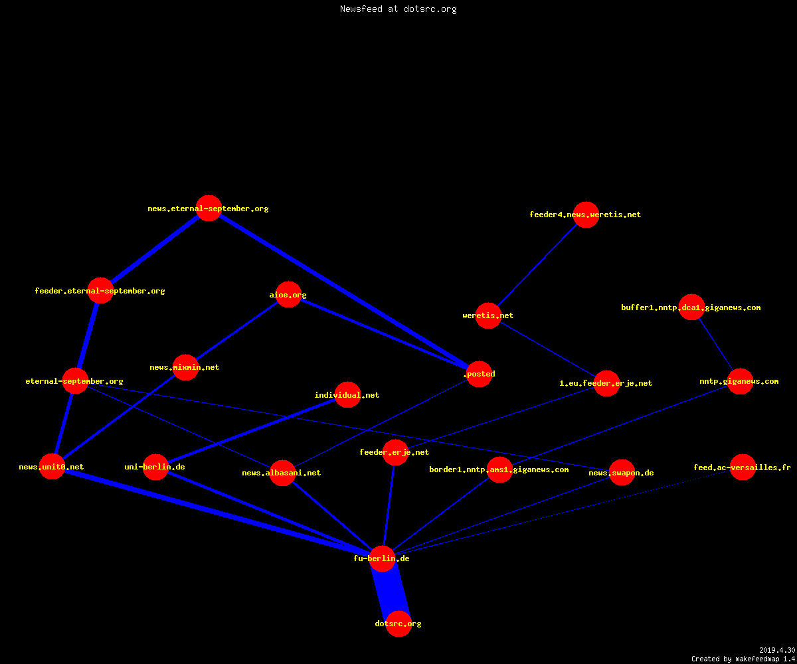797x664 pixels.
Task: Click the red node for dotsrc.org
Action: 398,623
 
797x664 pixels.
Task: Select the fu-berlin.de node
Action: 382,558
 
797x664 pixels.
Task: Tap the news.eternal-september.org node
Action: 209,208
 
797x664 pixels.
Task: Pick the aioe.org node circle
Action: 288,295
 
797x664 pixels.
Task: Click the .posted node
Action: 479,374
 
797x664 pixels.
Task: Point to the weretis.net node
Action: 488,315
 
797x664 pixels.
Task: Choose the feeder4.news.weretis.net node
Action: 586,215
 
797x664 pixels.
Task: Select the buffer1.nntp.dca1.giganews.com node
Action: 691,307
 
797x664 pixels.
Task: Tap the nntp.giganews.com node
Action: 740,381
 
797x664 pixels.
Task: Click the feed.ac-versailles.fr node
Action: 743,467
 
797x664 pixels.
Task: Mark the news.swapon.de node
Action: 622,472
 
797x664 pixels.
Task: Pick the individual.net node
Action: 347,395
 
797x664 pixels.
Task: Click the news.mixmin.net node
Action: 185,367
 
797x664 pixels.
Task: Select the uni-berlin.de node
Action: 155,467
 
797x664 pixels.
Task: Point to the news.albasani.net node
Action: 282,473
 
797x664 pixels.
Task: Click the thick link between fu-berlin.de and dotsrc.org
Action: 391,591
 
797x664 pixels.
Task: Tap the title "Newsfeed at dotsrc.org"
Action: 398,9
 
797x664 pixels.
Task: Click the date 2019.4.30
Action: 777,650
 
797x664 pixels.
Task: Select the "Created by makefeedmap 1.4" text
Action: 743,659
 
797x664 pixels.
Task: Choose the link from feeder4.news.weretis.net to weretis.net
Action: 537,265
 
